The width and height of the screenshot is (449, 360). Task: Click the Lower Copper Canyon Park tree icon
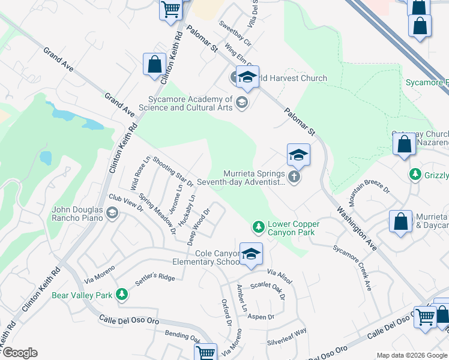point(258,227)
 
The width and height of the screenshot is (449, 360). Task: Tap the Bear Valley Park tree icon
point(122,294)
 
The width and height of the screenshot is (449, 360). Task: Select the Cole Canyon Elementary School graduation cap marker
point(252,254)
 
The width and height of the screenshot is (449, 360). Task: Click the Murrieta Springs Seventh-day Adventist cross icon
point(294,176)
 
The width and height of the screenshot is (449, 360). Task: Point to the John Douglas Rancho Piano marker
point(112,212)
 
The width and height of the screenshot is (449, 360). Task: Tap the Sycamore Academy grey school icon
point(242,101)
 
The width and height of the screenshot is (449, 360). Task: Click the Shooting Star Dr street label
point(173,171)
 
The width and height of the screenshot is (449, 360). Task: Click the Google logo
point(19,353)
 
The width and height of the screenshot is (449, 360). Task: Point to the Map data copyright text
point(411,355)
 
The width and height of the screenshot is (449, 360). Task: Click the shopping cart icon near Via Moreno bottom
point(206,352)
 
